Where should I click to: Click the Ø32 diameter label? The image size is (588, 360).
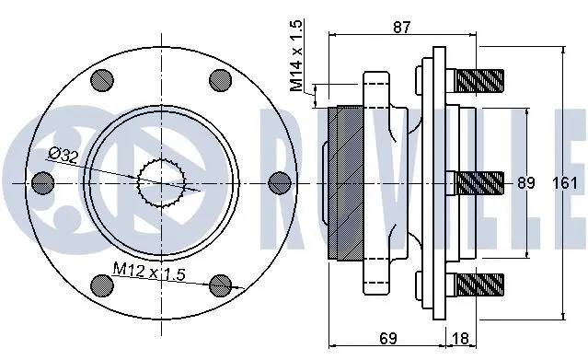[63, 156]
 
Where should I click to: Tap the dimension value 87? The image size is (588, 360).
[401, 27]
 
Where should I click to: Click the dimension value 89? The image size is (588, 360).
[525, 182]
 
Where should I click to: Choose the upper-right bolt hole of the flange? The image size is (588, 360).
[219, 78]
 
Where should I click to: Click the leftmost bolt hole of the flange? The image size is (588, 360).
[40, 181]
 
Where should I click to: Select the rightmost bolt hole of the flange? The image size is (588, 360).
[280, 181]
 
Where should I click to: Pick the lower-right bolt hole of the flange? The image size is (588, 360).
[219, 285]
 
